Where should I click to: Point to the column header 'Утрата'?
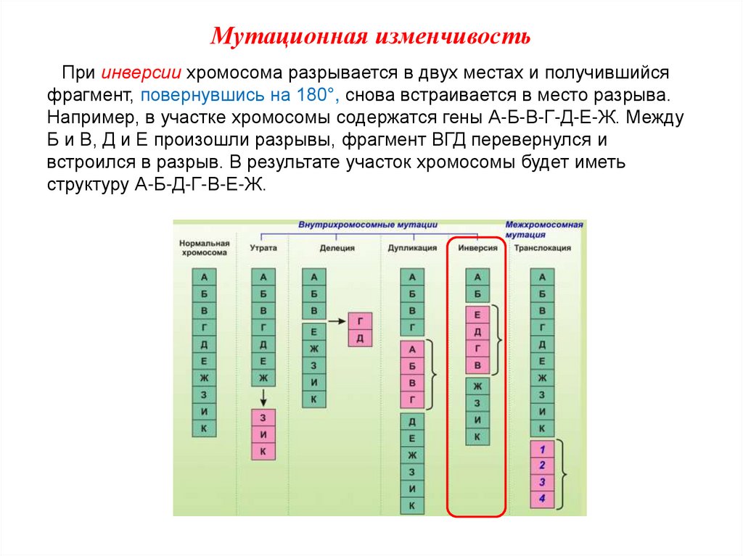[263, 248]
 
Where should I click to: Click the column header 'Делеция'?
[337, 248]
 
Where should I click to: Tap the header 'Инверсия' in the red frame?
[477, 248]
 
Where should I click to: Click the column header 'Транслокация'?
[542, 248]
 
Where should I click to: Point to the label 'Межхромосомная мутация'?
[544, 230]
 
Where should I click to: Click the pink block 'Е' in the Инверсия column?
[477, 315]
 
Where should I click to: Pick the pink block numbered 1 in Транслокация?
[541, 449]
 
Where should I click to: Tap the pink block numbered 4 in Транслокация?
[541, 499]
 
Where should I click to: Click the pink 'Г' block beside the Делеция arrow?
[360, 321]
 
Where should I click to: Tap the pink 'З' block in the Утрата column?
[263, 418]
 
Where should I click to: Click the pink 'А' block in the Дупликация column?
[412, 349]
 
